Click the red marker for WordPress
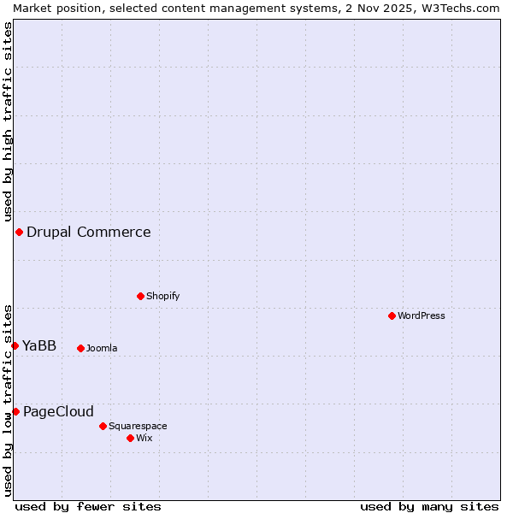[392, 316]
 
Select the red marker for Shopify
[141, 297]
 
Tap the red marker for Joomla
[81, 348]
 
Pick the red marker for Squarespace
[103, 426]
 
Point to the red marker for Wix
[131, 438]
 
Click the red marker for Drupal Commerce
[19, 233]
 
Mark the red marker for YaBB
[15, 345]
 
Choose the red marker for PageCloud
[15, 412]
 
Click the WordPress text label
[422, 316]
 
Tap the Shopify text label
[162, 297]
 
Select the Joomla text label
[102, 349]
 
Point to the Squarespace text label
[138, 426]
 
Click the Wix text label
[144, 439]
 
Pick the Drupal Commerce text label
[89, 233]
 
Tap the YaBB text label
[39, 345]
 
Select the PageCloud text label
[58, 412]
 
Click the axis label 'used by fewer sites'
[88, 506]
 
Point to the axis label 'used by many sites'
[429, 506]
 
